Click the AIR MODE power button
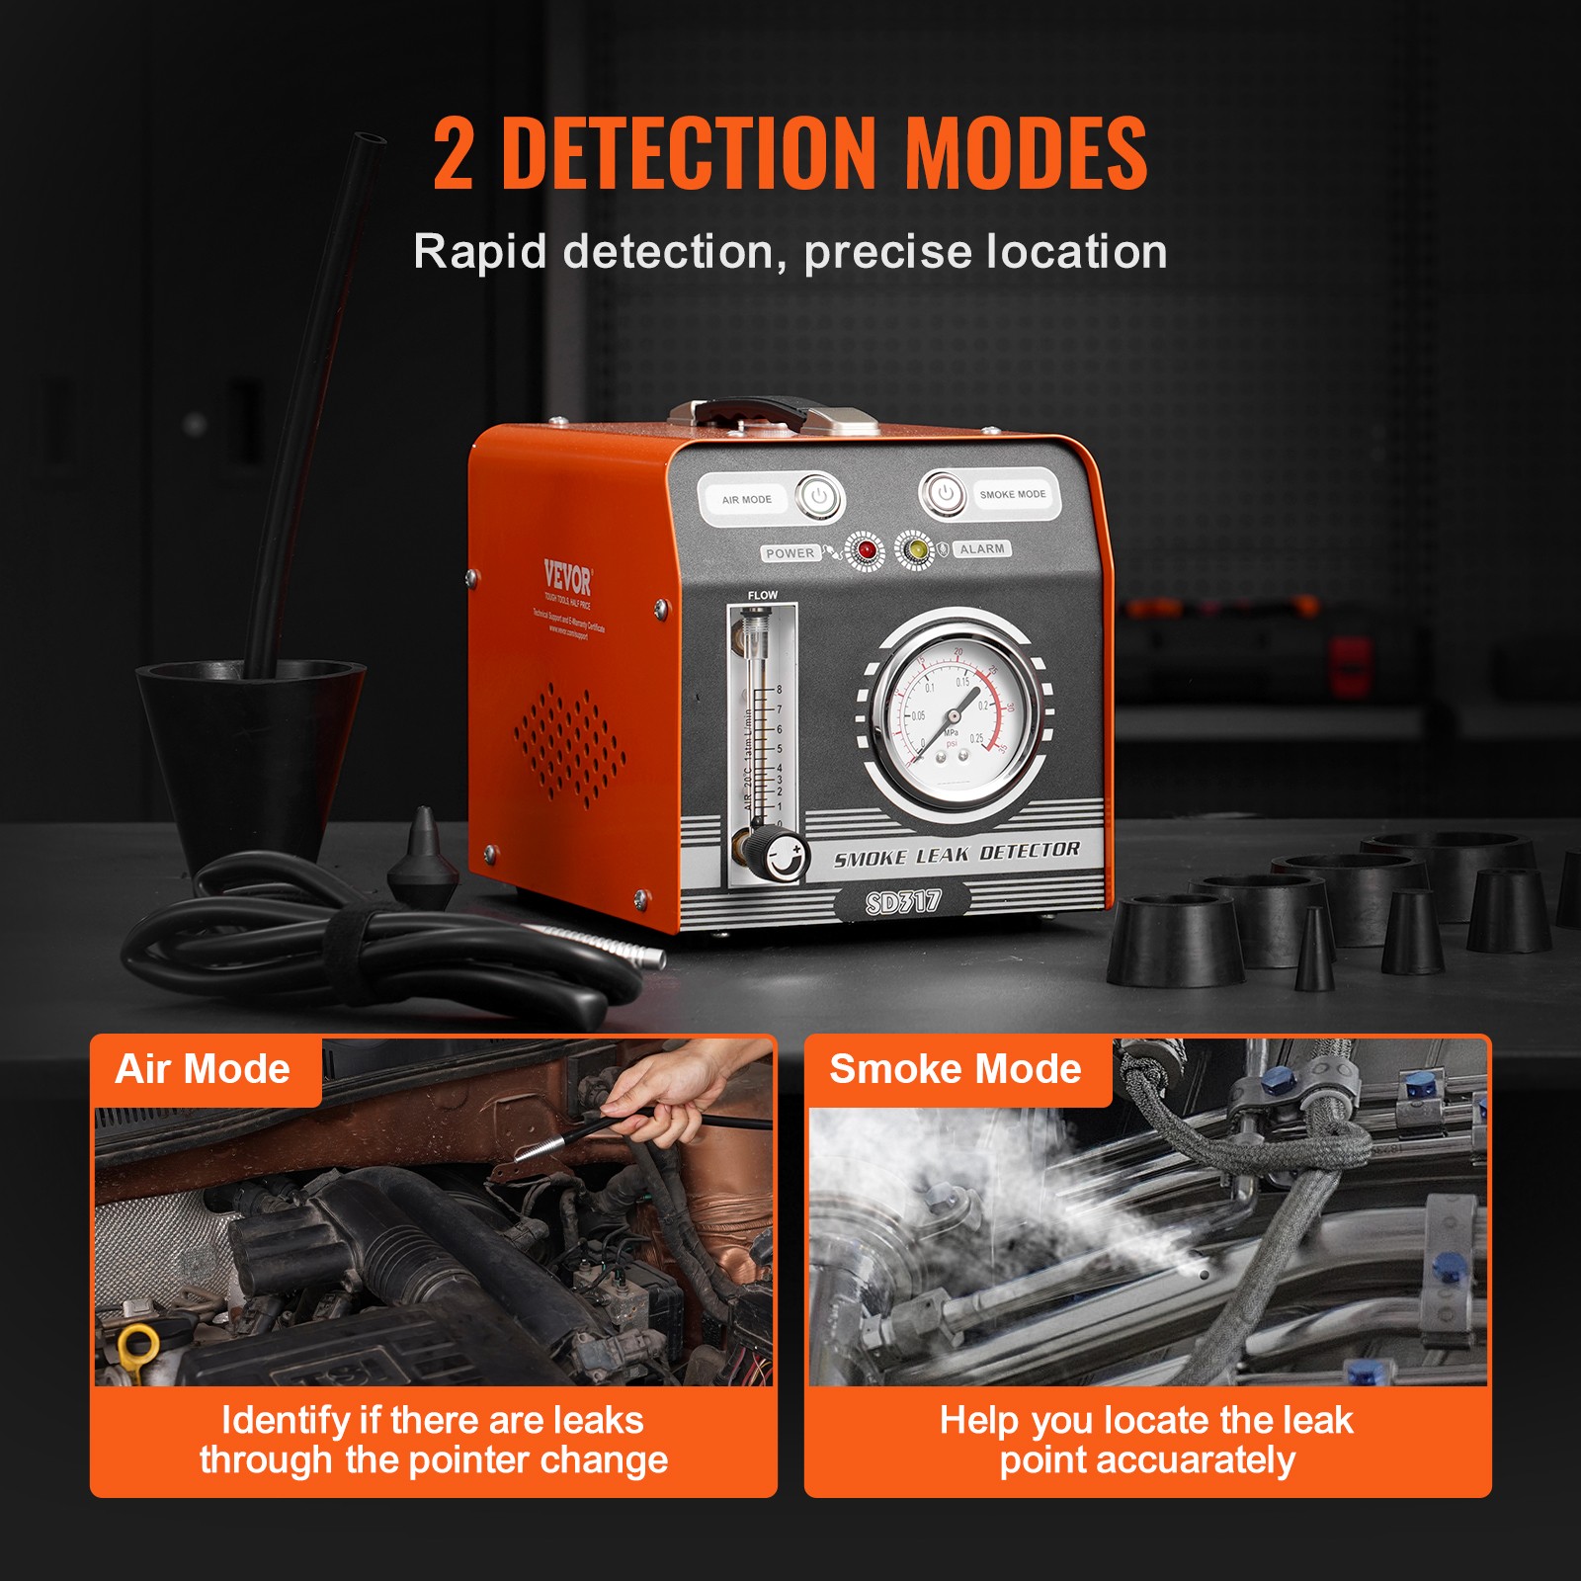click(x=819, y=497)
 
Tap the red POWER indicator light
click(x=867, y=550)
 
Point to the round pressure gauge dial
click(x=955, y=714)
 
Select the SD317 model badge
click(x=902, y=901)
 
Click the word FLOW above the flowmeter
click(x=762, y=595)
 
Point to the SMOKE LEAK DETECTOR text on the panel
click(x=956, y=854)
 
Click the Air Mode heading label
click(x=203, y=1069)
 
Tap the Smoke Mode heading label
click(x=955, y=1069)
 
